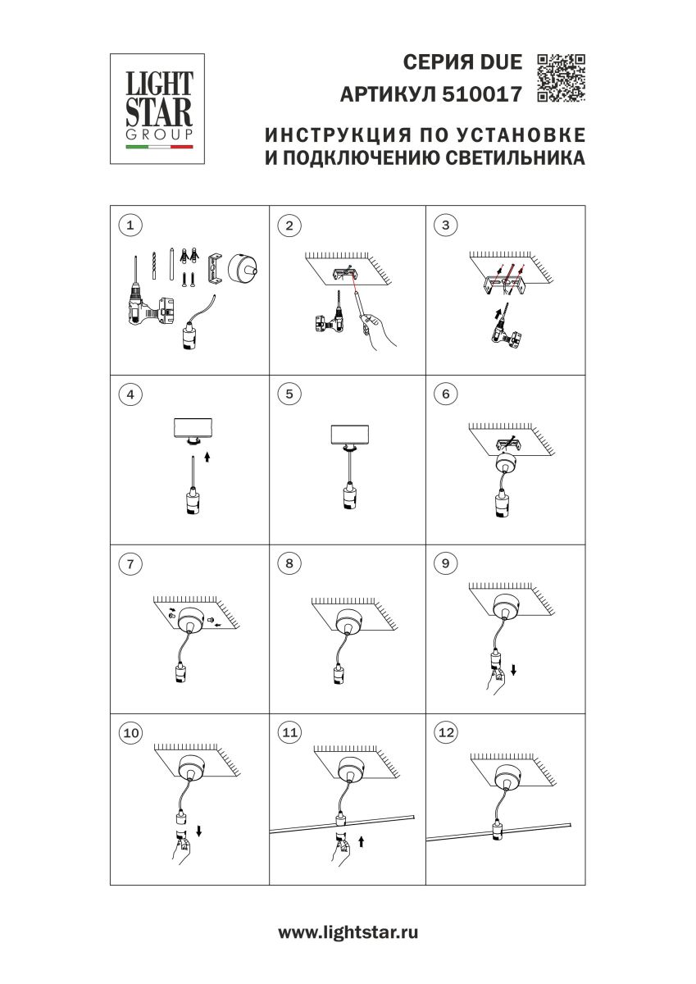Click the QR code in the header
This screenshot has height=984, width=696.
click(x=561, y=77)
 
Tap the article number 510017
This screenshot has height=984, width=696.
click(x=481, y=95)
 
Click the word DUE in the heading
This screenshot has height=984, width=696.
click(x=499, y=62)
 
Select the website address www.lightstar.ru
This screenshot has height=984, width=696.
click(x=348, y=932)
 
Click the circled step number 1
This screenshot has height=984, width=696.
click(x=130, y=225)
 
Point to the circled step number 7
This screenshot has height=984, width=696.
click(x=130, y=563)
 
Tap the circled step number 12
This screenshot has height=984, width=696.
click(x=446, y=733)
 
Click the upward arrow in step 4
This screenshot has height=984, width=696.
click(x=207, y=457)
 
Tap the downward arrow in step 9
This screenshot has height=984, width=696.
click(x=513, y=670)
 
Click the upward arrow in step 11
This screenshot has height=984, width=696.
click(x=362, y=841)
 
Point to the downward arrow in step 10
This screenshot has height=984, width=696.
click(x=199, y=831)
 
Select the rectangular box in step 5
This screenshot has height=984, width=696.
click(x=348, y=435)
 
